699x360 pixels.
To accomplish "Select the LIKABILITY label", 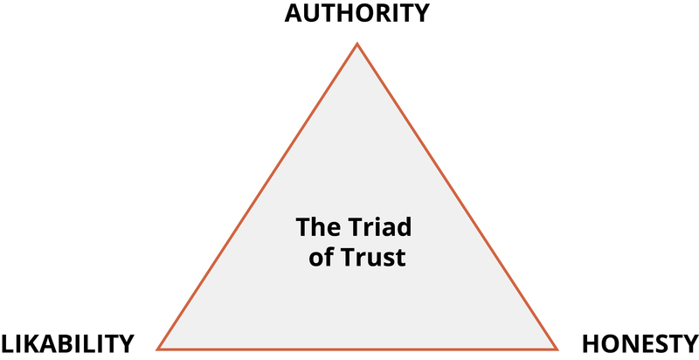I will click(67, 343).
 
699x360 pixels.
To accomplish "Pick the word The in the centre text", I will click(313, 229).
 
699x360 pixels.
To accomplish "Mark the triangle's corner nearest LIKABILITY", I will click(158, 348).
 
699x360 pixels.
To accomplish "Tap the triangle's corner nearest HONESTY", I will click(557, 348).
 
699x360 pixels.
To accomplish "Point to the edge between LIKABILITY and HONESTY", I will click(357, 348).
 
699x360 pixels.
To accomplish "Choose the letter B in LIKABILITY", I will click(73, 343).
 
